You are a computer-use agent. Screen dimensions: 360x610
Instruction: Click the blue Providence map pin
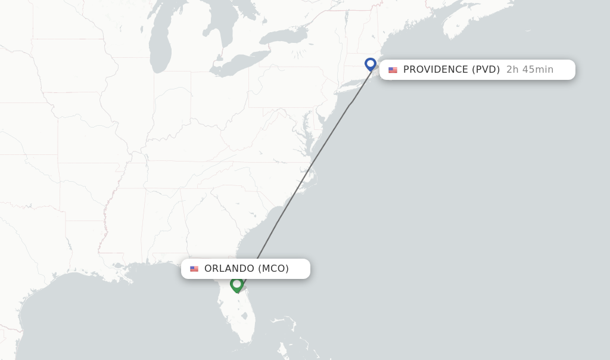pos(371,64)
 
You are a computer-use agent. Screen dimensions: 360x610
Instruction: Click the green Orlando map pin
pos(236,284)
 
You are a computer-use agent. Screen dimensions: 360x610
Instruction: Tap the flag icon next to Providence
pos(393,70)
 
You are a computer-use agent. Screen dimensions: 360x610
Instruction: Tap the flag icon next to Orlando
pos(194,269)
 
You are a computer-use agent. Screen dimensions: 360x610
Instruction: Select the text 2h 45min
pos(530,70)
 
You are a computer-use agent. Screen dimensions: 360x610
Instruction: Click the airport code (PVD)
pos(485,70)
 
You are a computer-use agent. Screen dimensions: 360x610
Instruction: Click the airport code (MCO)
pos(273,269)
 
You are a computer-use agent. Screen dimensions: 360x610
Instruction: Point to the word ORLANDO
pos(229,269)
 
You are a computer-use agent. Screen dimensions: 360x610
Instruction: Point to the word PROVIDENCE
pos(435,70)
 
